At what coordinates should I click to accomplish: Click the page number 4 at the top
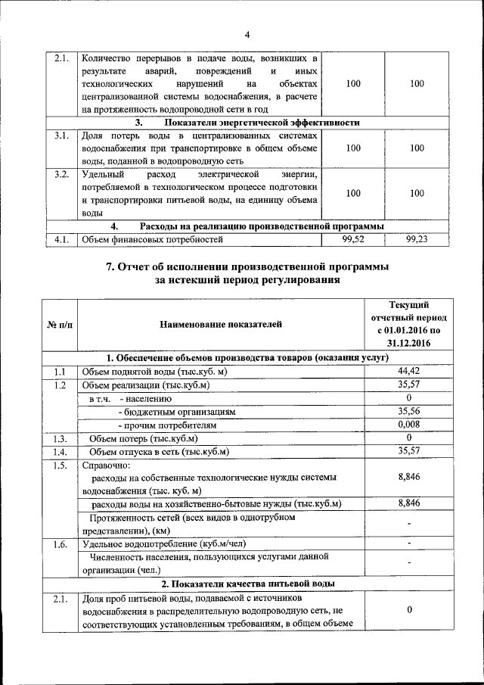pos(247,33)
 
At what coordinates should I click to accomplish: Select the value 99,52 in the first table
pos(352,240)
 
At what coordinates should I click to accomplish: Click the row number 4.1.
pos(61,240)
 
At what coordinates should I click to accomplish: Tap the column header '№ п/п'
pos(60,325)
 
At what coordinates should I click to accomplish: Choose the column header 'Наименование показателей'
pos(221,325)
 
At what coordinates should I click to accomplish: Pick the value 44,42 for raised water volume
pos(408,371)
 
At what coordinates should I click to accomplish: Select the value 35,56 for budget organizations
pos(408,411)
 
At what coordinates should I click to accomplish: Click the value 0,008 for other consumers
pos(408,425)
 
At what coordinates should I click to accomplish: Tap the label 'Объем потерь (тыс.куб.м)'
pos(143,438)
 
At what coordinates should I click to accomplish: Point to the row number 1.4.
pos(61,452)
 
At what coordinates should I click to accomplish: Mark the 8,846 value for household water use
pos(408,503)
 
